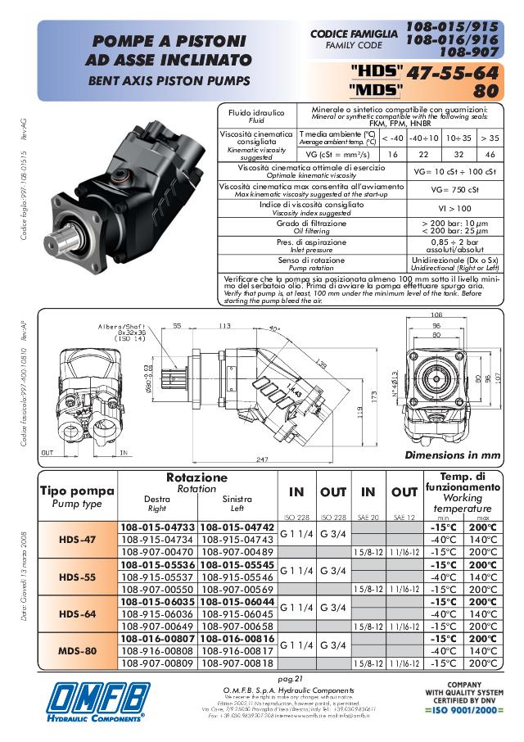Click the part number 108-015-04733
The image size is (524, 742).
click(x=158, y=527)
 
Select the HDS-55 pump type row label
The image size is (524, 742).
click(x=79, y=577)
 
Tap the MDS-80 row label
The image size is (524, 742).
click(x=79, y=652)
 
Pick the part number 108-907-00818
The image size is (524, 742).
click(x=237, y=663)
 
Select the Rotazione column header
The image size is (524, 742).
click(x=197, y=477)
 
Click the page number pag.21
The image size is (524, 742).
click(x=291, y=679)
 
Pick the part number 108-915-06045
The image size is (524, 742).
click(x=237, y=614)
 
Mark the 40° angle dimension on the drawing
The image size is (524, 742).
click(x=273, y=329)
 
